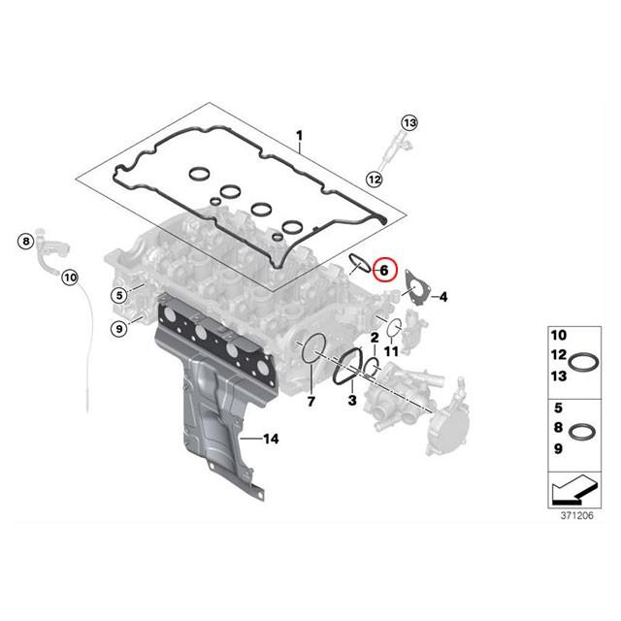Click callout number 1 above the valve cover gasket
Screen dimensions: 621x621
tap(300, 133)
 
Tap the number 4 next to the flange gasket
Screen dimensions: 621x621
tap(442, 296)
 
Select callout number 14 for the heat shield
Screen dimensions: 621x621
tap(271, 440)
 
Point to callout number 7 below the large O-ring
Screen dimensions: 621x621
tap(310, 401)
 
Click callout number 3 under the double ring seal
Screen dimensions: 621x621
tap(352, 400)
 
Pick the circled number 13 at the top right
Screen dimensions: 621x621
tap(409, 123)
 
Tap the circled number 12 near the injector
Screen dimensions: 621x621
tap(374, 178)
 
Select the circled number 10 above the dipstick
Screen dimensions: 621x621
tap(68, 278)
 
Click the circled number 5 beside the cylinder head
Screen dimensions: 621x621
tap(118, 295)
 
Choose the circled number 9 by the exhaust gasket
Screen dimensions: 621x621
tap(118, 330)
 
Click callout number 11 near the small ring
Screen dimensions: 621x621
tap(392, 349)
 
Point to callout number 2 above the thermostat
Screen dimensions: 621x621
tap(374, 336)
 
